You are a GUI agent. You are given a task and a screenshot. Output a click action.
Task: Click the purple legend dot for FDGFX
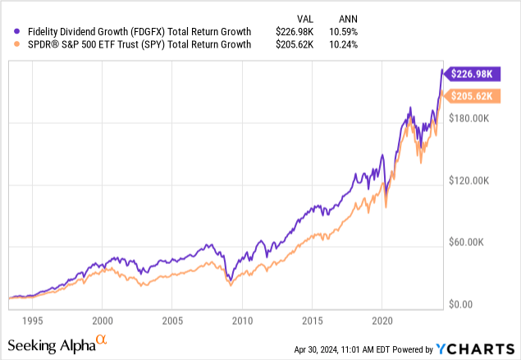coord(10,32)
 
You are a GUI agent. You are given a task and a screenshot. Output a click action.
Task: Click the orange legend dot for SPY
coord(10,45)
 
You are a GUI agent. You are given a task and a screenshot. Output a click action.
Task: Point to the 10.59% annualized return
coord(345,32)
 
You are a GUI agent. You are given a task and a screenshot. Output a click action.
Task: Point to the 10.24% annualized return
coord(345,45)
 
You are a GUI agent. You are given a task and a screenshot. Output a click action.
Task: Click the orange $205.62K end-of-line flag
coord(473,97)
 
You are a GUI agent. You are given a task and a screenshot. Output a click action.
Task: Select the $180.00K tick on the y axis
coord(473,119)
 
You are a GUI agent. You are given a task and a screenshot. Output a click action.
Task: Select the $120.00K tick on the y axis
coord(473,180)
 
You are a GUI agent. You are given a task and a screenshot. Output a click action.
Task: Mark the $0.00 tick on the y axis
coord(465,304)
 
